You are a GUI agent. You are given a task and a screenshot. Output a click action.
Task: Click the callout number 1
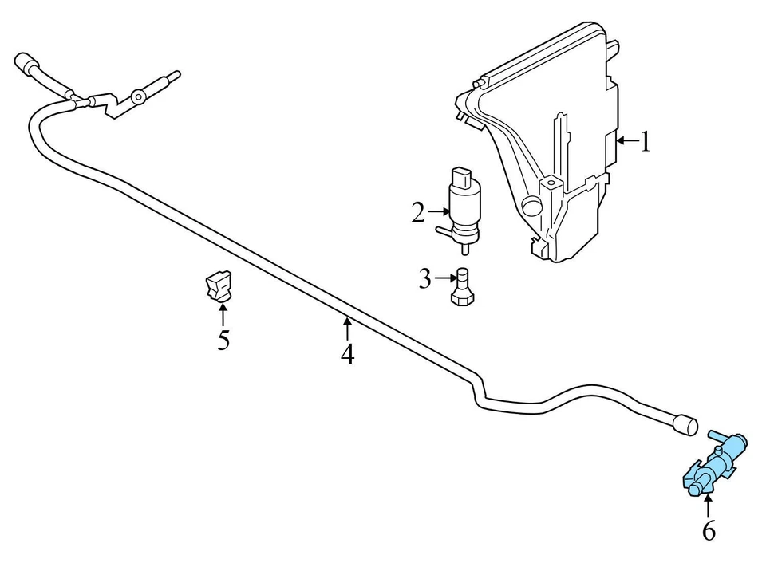[646, 143]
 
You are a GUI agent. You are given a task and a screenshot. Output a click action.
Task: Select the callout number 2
[418, 212]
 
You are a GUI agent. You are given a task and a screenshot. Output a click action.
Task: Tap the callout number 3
[425, 279]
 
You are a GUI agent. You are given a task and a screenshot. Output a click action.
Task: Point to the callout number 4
[347, 353]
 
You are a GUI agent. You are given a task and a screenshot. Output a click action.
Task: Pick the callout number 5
[223, 340]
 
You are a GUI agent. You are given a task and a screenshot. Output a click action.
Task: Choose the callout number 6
[709, 530]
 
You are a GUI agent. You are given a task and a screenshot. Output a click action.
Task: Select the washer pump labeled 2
[463, 209]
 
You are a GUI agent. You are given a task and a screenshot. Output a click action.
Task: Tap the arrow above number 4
[347, 327]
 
